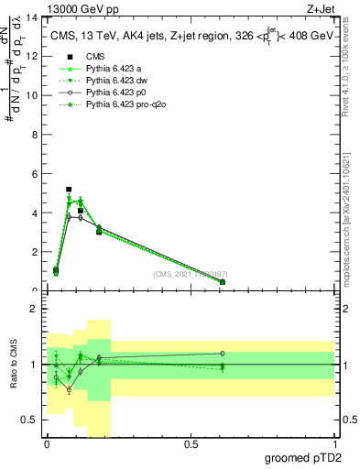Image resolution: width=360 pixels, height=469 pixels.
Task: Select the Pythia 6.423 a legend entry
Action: click(104, 69)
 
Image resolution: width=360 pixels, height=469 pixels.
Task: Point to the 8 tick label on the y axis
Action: click(34, 135)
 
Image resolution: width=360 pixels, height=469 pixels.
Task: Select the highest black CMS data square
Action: click(69, 190)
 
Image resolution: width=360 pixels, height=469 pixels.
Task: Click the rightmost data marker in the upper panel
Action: click(223, 282)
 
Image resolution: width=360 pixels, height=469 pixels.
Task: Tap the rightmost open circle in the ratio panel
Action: click(223, 354)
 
